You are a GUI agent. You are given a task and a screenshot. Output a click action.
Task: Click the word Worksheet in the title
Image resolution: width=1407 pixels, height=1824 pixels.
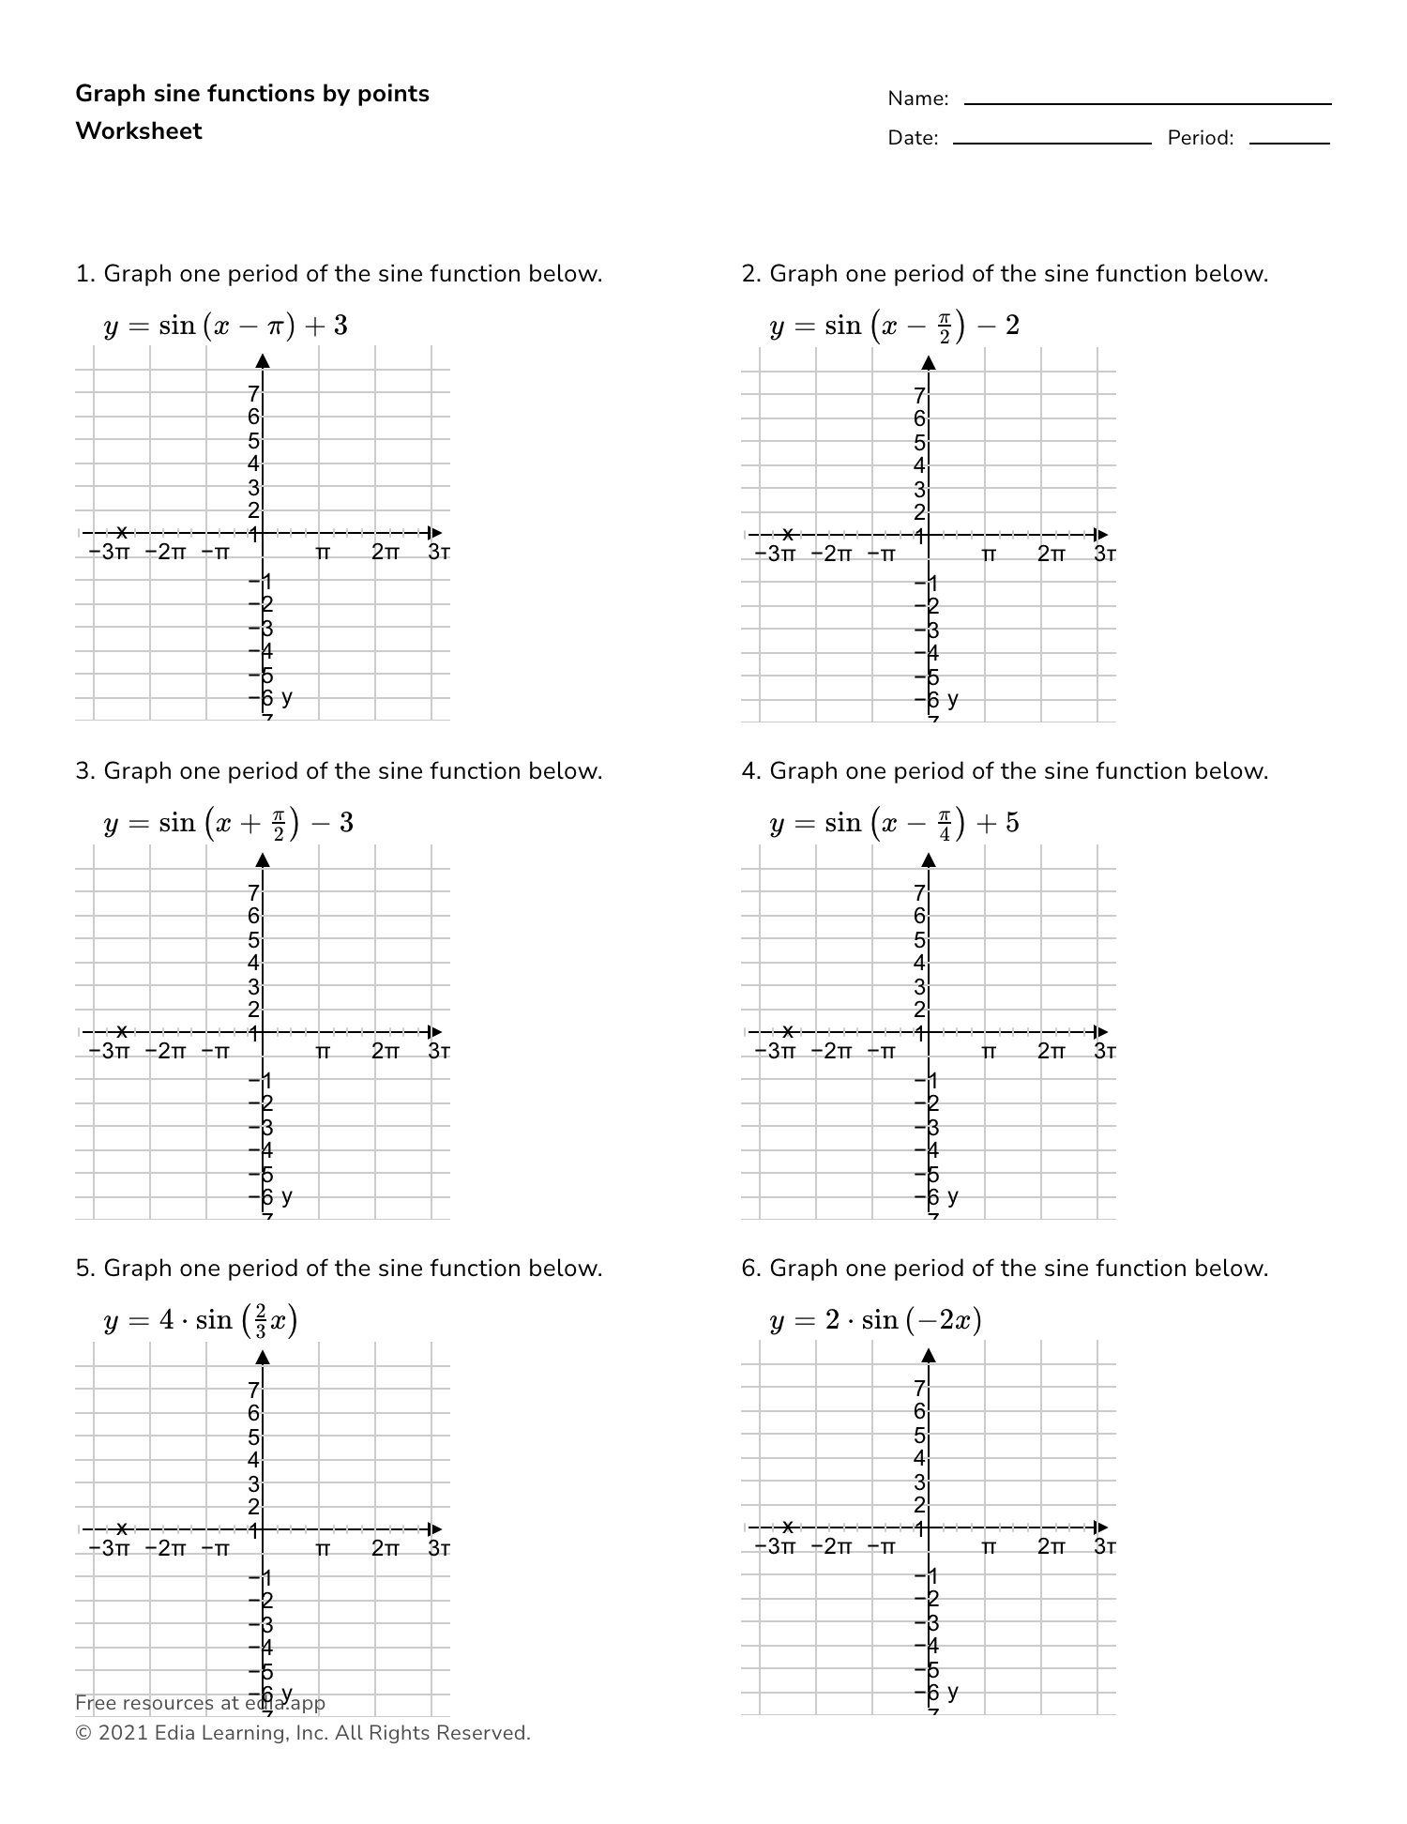(x=139, y=131)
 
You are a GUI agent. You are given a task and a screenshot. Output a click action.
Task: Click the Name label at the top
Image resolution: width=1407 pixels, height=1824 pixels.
(x=917, y=99)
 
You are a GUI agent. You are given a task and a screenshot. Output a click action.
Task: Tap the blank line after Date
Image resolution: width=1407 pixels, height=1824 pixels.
(x=1051, y=142)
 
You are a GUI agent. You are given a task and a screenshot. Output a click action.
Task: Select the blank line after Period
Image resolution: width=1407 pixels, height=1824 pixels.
(x=1289, y=142)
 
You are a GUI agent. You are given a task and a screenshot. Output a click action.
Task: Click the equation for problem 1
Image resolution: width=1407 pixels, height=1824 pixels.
(x=225, y=327)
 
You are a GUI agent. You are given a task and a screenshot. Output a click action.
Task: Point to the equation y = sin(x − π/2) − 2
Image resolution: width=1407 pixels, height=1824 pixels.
(x=894, y=327)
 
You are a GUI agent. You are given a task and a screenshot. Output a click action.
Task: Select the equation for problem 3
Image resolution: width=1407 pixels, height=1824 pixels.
(x=228, y=824)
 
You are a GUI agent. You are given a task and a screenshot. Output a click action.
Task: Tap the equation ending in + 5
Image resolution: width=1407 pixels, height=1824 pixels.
(x=894, y=824)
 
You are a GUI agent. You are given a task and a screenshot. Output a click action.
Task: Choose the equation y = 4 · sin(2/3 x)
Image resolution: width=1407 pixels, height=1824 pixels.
(x=201, y=1321)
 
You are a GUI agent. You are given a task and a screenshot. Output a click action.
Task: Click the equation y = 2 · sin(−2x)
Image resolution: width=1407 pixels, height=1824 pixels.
(x=875, y=1321)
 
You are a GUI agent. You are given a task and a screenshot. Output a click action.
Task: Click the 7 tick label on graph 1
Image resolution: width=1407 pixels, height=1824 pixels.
(x=253, y=394)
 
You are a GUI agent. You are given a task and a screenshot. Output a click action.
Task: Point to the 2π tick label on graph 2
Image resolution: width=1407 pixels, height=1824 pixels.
(x=1051, y=554)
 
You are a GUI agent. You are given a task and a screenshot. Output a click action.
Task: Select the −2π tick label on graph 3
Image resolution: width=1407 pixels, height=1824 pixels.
(x=166, y=1051)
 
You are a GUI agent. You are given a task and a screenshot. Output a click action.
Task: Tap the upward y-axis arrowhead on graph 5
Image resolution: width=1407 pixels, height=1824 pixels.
(x=263, y=1357)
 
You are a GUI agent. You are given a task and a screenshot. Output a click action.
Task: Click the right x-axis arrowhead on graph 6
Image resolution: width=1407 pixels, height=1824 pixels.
(x=1102, y=1528)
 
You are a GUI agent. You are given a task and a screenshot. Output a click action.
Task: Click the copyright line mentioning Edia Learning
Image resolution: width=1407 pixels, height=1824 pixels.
(x=303, y=1733)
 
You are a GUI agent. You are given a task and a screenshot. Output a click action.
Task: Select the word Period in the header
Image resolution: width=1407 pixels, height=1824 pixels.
(x=1200, y=139)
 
